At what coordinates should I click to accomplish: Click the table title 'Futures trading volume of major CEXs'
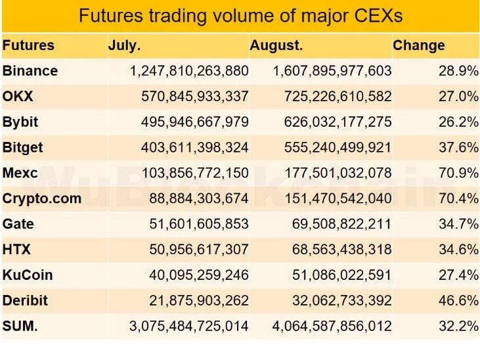240,15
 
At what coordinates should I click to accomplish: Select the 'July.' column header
124,45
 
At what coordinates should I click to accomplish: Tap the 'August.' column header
276,45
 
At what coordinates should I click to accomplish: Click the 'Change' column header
418,45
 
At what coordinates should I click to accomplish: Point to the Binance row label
30,70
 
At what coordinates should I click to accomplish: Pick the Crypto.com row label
42,198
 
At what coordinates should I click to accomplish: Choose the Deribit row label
26,300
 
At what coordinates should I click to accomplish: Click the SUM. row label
20,326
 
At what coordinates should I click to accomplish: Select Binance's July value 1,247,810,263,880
190,70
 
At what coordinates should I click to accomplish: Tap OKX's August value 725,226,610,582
338,96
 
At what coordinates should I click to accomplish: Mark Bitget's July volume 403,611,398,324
194,147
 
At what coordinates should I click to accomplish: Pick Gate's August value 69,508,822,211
341,223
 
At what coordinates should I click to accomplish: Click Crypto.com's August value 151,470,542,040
338,198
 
